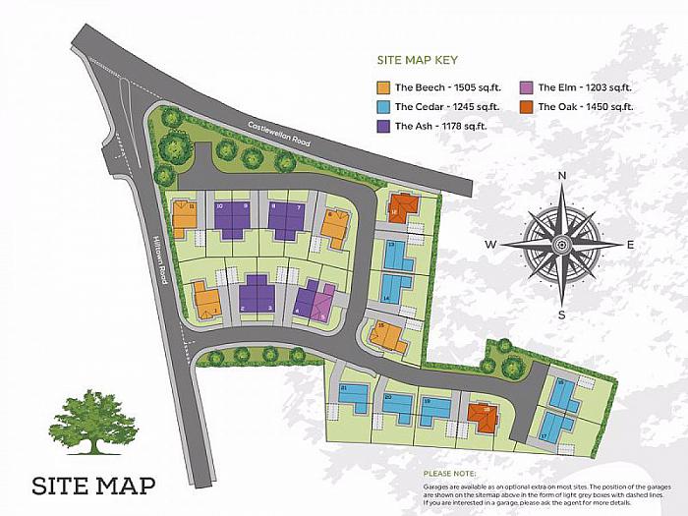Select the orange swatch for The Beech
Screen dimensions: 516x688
tap(384, 86)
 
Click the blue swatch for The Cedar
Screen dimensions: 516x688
tap(384, 106)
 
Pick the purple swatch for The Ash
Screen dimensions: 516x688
tap(384, 126)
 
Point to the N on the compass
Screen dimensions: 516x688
tap(561, 176)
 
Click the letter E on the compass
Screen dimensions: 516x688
tap(629, 245)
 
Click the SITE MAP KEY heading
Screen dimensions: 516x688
tap(423, 60)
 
